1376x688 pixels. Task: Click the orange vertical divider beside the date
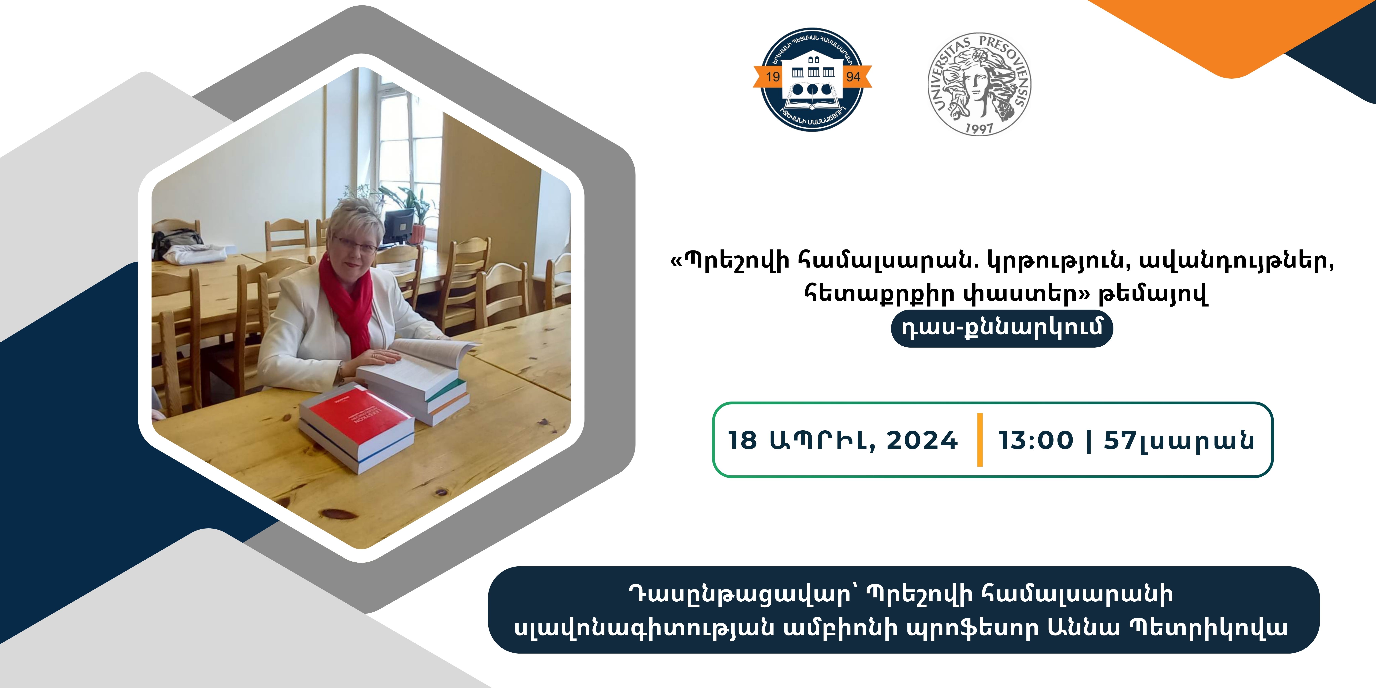point(980,440)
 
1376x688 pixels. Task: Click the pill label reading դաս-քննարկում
point(1002,328)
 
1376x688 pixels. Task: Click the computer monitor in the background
point(399,225)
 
